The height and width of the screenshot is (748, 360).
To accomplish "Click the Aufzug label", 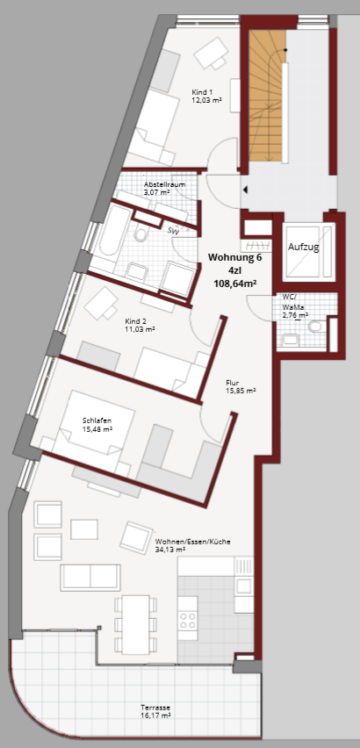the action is click(x=303, y=247).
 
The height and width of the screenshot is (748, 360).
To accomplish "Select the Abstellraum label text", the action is click(x=164, y=184).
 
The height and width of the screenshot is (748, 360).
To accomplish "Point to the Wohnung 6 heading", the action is click(x=235, y=256).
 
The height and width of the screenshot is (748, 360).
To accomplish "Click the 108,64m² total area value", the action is click(x=235, y=284).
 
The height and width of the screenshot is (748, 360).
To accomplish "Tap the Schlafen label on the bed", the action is click(x=97, y=421).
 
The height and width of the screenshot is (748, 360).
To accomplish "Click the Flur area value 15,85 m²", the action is click(x=241, y=391).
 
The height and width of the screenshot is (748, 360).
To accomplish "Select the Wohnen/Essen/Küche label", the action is click(x=193, y=542).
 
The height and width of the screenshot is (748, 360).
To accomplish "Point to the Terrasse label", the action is click(x=155, y=708).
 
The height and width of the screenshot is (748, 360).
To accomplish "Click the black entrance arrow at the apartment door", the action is click(x=246, y=191).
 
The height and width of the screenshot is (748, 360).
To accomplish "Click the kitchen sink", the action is click(x=245, y=586).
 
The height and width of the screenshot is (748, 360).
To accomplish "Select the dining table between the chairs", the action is click(x=136, y=623).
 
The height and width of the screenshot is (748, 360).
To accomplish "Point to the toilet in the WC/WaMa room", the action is click(x=315, y=327).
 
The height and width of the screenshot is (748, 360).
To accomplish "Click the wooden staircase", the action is click(x=267, y=96).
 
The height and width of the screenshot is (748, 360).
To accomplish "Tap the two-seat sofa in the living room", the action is click(x=90, y=577).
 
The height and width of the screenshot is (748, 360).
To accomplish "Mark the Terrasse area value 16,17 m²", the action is click(x=155, y=716).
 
